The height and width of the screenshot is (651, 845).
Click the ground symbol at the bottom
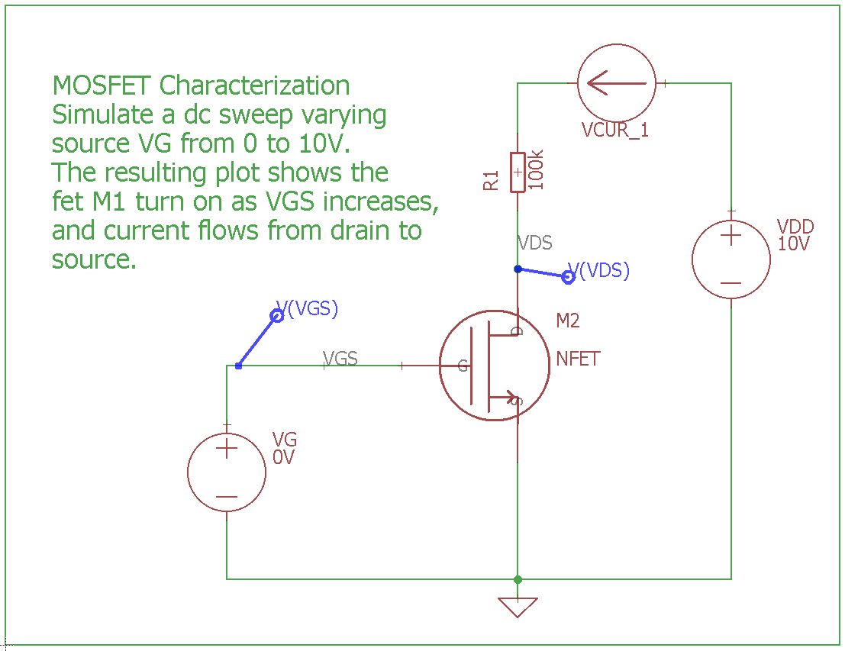pos(518,607)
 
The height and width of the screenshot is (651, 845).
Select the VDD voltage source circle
pos(731,259)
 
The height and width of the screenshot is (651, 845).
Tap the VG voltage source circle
pos(227,472)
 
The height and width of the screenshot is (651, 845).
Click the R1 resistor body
pos(518,172)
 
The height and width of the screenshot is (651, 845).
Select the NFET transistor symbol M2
pos(494,366)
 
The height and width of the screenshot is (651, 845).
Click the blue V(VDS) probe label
pos(605,271)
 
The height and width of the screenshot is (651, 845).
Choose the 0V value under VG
pos(284,457)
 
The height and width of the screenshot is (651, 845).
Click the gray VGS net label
pos(340,358)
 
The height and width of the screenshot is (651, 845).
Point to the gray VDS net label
pos(534,243)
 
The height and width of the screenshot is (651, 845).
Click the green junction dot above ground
pos(518,579)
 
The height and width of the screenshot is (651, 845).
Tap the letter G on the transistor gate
pos(463,366)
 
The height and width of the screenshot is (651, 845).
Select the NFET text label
pos(578,359)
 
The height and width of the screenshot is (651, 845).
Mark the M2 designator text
pos(567,321)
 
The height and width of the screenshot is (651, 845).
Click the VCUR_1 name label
pos(614,130)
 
